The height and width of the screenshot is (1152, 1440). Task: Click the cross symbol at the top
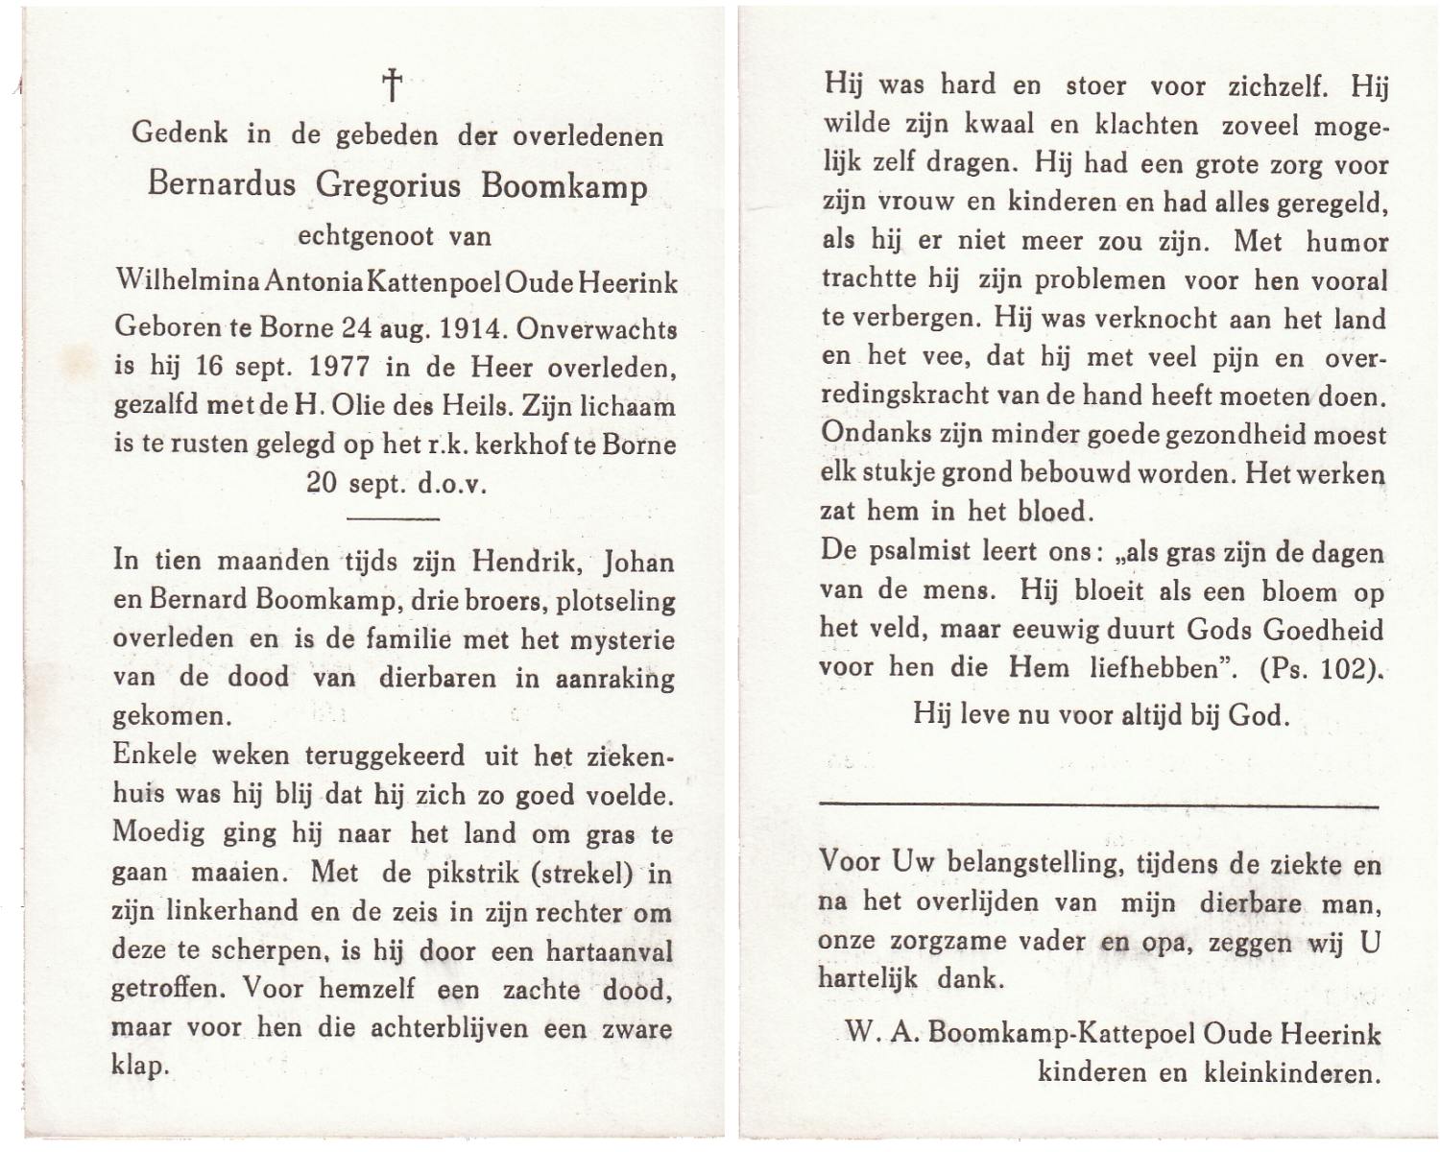click(392, 86)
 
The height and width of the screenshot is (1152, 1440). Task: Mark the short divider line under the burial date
click(392, 519)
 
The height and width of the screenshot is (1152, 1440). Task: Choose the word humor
click(1346, 241)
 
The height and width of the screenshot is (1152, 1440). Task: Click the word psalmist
click(924, 552)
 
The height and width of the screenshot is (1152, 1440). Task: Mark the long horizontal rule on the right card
click(1098, 804)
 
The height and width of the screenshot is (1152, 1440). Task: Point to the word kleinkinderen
click(1292, 1073)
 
